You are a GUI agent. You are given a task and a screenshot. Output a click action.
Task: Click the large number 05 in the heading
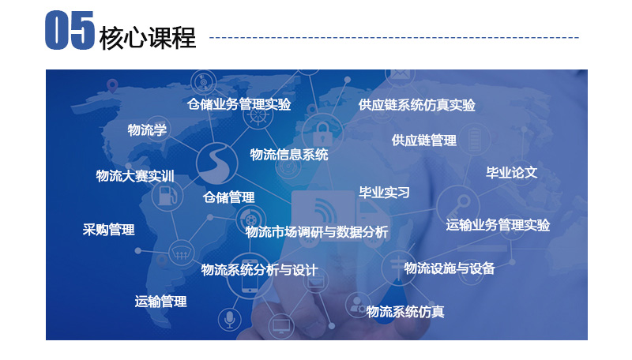pyautogui.click(x=70, y=30)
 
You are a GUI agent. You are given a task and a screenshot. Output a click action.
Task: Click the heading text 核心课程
pyautogui.click(x=148, y=38)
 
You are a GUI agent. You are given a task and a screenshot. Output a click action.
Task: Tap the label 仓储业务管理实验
pyautogui.click(x=239, y=104)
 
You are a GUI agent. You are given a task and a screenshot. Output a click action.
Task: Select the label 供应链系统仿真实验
pyautogui.click(x=417, y=105)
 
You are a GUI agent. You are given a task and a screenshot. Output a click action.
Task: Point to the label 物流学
pyautogui.click(x=147, y=129)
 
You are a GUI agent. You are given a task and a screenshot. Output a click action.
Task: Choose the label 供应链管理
pyautogui.click(x=424, y=141)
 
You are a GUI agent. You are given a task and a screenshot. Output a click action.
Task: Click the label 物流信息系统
pyautogui.click(x=289, y=155)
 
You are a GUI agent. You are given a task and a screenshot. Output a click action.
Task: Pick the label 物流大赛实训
pyautogui.click(x=135, y=176)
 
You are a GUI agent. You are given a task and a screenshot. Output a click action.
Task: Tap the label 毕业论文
pyautogui.click(x=511, y=173)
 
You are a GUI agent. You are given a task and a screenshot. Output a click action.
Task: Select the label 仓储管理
pyautogui.click(x=229, y=197)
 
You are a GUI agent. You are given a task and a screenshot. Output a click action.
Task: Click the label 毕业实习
pyautogui.click(x=384, y=193)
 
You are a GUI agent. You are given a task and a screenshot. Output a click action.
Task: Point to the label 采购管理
pyautogui.click(x=108, y=230)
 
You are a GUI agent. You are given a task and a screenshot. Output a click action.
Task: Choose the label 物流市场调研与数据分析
pyautogui.click(x=317, y=232)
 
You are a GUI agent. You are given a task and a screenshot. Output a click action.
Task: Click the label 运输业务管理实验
pyautogui.click(x=498, y=225)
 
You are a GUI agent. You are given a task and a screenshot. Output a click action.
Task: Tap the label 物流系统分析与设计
pyautogui.click(x=260, y=270)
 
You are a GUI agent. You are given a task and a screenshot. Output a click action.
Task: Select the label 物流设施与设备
pyautogui.click(x=450, y=268)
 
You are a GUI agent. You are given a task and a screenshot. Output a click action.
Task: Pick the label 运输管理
pyautogui.click(x=161, y=302)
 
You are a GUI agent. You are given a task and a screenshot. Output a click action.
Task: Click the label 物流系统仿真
pyautogui.click(x=405, y=312)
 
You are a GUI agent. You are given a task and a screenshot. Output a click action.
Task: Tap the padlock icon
pyautogui.click(x=322, y=133)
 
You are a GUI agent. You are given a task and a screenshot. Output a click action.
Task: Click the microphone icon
pyautogui.click(x=230, y=320)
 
